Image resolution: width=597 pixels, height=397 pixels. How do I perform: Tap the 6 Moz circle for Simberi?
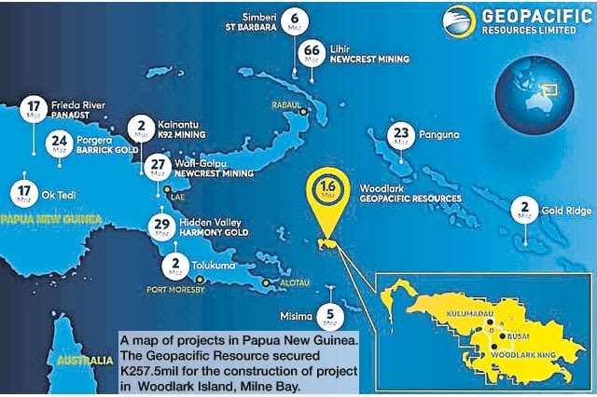tap(295, 18)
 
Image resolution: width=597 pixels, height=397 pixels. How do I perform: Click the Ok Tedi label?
tap(55, 195)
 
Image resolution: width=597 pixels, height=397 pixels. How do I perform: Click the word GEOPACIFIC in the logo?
tap(521, 17)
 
